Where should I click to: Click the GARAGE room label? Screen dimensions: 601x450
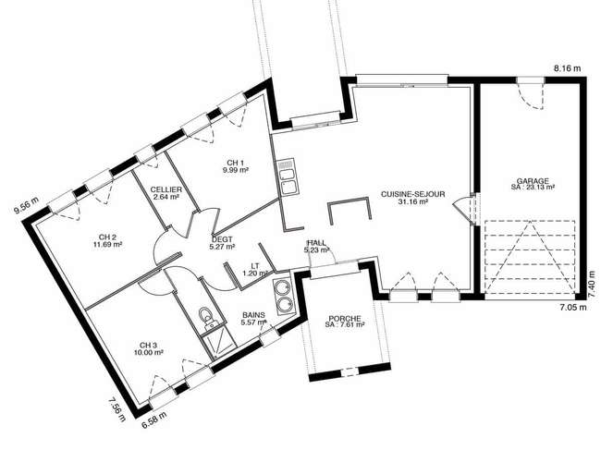533,181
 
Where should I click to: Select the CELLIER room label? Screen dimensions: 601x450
166,189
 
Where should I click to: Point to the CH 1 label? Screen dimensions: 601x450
236,163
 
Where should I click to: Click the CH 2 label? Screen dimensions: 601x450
107,237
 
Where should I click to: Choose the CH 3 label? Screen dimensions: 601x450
148,345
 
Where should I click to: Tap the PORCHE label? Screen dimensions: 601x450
345,318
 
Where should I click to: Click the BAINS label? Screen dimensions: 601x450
253,315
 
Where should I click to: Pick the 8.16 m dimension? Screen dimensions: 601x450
568,68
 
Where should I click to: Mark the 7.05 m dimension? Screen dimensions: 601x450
572,307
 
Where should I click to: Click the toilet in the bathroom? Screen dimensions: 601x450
206,318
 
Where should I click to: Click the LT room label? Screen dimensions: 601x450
255,266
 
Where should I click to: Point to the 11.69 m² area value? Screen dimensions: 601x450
107,244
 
